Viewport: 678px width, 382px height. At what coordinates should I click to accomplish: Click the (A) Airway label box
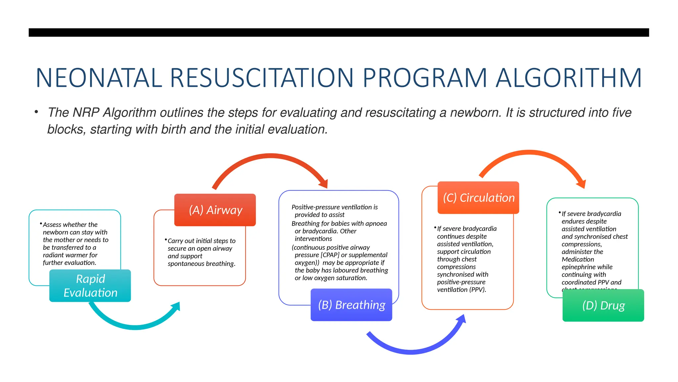point(215,210)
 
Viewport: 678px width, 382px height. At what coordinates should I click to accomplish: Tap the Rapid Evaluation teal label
point(90,286)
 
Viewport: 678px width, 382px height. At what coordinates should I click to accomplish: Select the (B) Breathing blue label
point(351,305)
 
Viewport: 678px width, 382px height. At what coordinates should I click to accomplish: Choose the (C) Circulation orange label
point(478,198)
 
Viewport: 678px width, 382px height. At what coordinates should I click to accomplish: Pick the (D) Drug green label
point(603,305)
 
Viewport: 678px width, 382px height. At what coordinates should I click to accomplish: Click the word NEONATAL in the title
point(99,78)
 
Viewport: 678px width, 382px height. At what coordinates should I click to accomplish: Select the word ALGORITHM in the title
point(568,78)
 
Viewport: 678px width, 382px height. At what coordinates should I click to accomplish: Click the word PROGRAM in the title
point(425,78)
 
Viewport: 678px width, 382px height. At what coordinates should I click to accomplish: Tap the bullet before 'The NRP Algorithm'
point(36,112)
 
